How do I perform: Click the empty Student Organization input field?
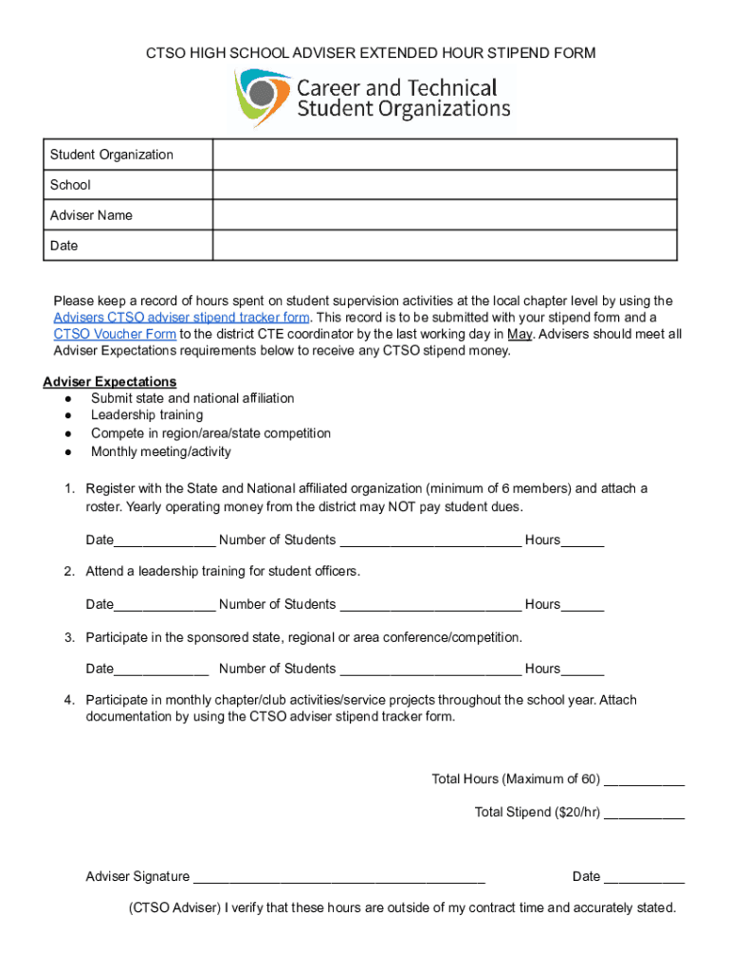pos(444,155)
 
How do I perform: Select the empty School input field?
pos(444,185)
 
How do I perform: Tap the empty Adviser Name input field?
pos(444,215)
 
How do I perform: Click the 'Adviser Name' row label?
pos(91,215)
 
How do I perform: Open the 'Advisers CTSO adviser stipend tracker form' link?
pos(181,318)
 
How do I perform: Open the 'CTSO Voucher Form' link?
pos(115,334)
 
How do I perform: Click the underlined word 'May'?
pos(520,334)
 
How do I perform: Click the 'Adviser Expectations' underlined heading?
pos(109,381)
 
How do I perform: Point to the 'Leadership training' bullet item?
pos(146,415)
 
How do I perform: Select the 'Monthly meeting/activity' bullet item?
pos(160,451)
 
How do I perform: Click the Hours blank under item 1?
pos(582,541)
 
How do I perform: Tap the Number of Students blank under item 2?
pos(429,606)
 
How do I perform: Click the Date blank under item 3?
pos(161,670)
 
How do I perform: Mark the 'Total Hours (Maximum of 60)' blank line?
pos(644,781)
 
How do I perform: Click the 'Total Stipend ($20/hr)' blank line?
pos(644,814)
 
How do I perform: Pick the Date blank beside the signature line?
pos(644,878)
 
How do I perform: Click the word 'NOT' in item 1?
pos(398,506)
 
